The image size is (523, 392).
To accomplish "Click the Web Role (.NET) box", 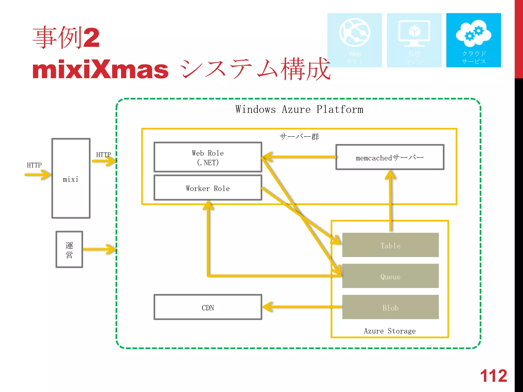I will pyautogui.click(x=208, y=157).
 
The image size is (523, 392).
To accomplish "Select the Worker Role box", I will pyautogui.click(x=208, y=188).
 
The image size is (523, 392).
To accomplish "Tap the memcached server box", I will pyautogui.click(x=390, y=157).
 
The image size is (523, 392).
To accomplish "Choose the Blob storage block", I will pyautogui.click(x=390, y=307).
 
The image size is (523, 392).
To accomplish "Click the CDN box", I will pyautogui.click(x=208, y=307).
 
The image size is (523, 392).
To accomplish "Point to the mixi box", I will pyautogui.click(x=71, y=179).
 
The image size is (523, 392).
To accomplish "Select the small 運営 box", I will pyautogui.click(x=69, y=250).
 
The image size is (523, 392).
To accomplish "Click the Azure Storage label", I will pyautogui.click(x=389, y=331).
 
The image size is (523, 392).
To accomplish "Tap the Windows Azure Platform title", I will pyautogui.click(x=299, y=109).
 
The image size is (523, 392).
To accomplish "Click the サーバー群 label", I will pyautogui.click(x=299, y=137).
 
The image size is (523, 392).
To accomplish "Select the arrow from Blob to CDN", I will pyautogui.click(x=301, y=307).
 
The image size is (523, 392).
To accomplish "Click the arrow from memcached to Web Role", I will pyautogui.click(x=299, y=157).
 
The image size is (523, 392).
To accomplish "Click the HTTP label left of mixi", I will pyautogui.click(x=34, y=165).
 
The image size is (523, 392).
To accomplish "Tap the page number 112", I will pyautogui.click(x=493, y=376).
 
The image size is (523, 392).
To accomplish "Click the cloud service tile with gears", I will pyautogui.click(x=473, y=40).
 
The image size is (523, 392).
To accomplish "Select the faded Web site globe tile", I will pyautogui.click(x=354, y=40).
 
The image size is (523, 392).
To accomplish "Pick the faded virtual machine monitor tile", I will pyautogui.click(x=414, y=40).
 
